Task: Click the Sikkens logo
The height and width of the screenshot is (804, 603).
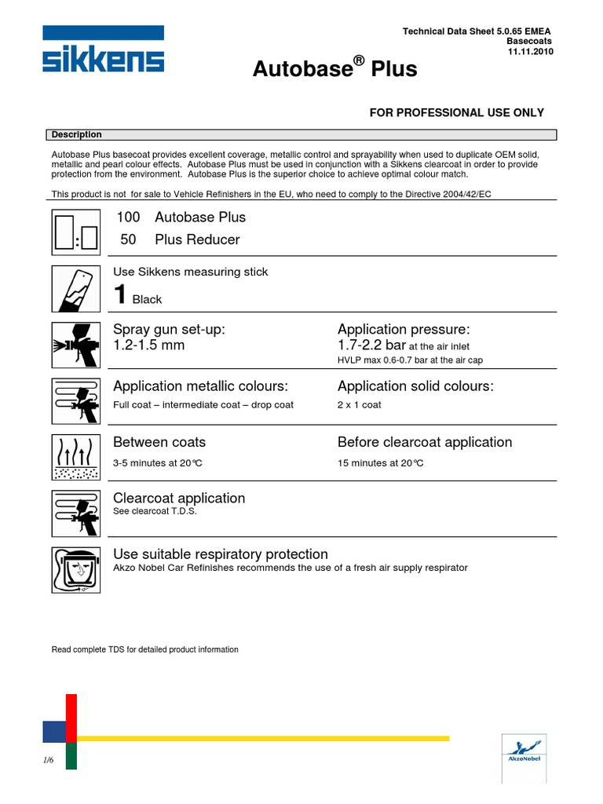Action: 104,52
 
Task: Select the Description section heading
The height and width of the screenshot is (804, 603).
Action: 77,135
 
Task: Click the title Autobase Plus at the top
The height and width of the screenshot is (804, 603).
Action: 334,70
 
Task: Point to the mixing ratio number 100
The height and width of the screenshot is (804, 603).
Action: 128,217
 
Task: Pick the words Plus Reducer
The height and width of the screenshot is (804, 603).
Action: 197,239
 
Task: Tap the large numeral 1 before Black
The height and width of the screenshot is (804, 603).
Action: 121,296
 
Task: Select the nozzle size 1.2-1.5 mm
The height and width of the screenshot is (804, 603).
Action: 149,345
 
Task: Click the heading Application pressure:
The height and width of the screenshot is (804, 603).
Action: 404,329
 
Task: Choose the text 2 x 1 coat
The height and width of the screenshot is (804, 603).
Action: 360,405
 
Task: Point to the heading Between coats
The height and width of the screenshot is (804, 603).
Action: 159,442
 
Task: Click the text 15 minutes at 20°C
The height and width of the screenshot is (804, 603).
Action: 381,462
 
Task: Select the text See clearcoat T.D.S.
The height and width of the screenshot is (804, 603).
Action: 155,511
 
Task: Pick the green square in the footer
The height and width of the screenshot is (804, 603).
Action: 71,756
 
